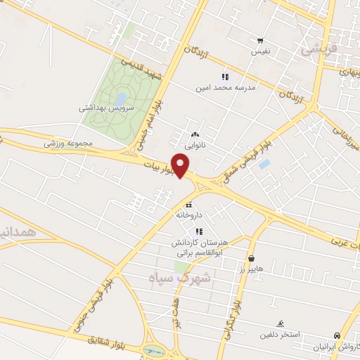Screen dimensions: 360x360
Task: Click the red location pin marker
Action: pyautogui.click(x=181, y=166)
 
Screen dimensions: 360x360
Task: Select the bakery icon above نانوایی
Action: pyautogui.click(x=195, y=134)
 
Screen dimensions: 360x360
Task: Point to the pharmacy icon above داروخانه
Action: pyautogui.click(x=188, y=205)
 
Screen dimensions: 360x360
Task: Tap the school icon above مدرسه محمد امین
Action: pyautogui.click(x=225, y=77)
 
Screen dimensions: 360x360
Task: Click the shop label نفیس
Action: pyautogui.click(x=260, y=51)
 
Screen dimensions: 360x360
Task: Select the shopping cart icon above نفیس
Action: pyautogui.click(x=260, y=41)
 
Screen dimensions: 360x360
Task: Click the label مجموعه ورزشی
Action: pyautogui.click(x=68, y=143)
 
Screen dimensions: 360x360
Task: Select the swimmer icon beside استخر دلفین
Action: pyautogui.click(x=281, y=323)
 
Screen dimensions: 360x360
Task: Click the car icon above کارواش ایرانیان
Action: pyautogui.click(x=338, y=336)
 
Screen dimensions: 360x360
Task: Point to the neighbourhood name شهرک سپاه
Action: pyautogui.click(x=180, y=278)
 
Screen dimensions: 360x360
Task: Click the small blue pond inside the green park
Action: pyautogui.click(x=122, y=98)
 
